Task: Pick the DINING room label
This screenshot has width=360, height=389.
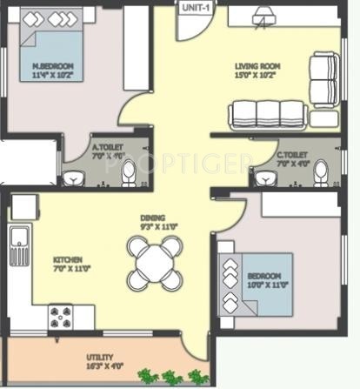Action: (153, 218)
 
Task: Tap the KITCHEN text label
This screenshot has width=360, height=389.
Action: (68, 259)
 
